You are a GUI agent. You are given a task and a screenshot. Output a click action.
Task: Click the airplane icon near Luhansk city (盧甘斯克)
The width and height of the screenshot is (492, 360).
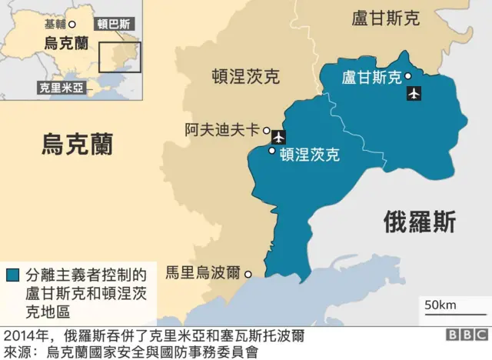[x=414, y=94]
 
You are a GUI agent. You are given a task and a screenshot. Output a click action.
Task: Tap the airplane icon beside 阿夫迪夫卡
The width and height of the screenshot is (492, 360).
[x=278, y=138]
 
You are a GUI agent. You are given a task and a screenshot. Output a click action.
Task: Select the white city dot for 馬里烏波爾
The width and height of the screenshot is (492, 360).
[x=248, y=273]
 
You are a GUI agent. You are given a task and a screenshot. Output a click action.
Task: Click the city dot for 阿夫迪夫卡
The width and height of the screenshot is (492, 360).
[x=267, y=131]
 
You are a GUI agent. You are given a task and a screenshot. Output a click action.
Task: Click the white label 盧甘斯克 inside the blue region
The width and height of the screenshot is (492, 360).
[x=371, y=77]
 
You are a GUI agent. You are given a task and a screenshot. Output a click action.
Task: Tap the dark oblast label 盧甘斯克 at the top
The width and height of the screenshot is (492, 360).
[x=385, y=18]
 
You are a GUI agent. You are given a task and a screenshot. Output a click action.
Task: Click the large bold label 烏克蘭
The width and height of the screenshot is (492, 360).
[x=77, y=143]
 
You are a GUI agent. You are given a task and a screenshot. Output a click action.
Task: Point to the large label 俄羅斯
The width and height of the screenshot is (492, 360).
[x=420, y=222]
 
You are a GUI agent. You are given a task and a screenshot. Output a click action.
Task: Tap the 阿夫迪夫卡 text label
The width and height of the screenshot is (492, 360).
[x=222, y=130]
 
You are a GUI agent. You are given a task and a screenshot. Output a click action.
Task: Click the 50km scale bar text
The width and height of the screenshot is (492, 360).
[x=440, y=305]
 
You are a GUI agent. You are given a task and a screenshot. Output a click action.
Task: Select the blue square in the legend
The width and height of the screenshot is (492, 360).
[x=13, y=275]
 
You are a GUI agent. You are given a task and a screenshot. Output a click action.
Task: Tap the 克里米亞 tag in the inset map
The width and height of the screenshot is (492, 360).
[x=61, y=88]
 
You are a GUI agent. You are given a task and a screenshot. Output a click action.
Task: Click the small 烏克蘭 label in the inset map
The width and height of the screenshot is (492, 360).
[x=66, y=43]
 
